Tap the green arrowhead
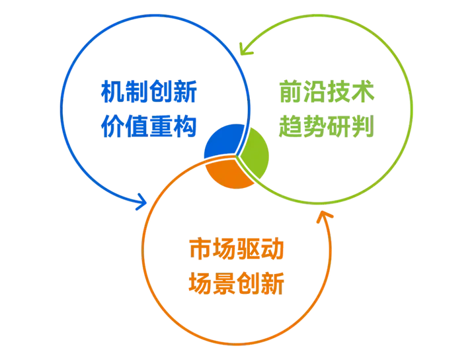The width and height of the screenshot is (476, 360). click(246, 46)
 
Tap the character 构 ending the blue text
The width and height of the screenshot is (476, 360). click(186, 124)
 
